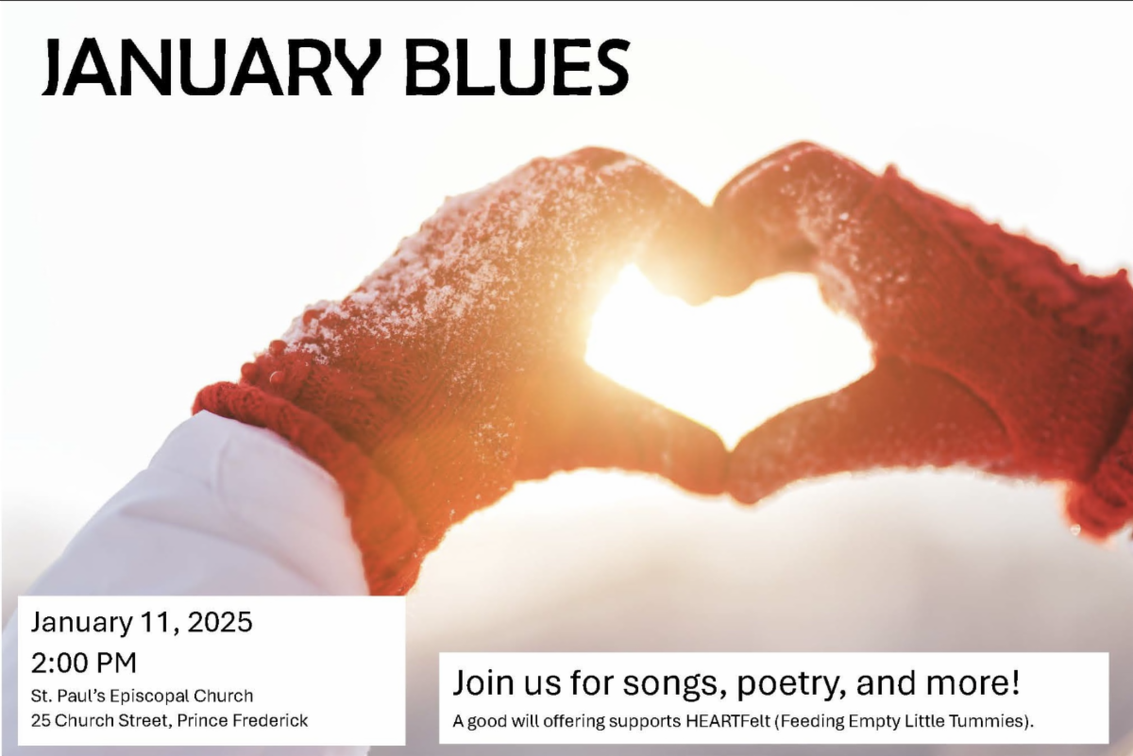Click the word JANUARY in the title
click(211, 66)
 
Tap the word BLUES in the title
click(517, 66)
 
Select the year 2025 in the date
click(220, 622)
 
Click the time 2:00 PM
click(84, 663)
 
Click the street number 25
click(41, 720)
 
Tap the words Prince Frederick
click(243, 720)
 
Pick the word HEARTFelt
click(728, 721)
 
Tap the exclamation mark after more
click(1015, 681)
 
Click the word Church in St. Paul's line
click(223, 696)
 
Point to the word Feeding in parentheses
click(809, 721)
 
